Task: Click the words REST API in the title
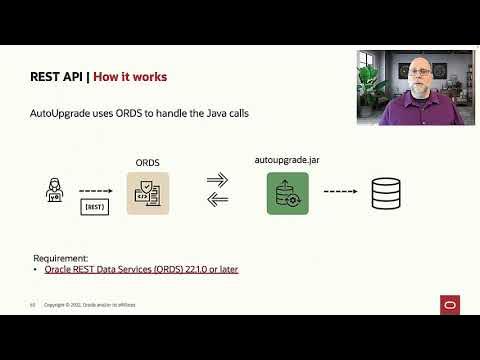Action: pyautogui.click(x=59, y=77)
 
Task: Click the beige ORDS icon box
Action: pyautogui.click(x=149, y=193)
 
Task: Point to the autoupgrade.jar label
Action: pyautogui.click(x=287, y=160)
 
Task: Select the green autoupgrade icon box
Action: pyautogui.click(x=286, y=193)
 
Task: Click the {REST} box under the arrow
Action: pyautogui.click(x=93, y=206)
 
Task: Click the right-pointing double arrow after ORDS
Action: pyautogui.click(x=218, y=180)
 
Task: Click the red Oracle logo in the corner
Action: pyautogui.click(x=448, y=304)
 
